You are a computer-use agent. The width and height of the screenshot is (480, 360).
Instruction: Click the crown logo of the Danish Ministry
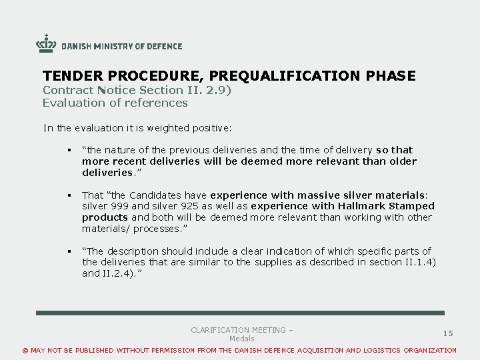click(46, 44)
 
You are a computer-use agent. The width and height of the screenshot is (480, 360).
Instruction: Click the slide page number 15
click(448, 333)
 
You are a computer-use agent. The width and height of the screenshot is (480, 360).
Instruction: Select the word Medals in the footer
click(242, 339)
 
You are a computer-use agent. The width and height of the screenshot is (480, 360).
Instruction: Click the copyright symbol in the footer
click(26, 351)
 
